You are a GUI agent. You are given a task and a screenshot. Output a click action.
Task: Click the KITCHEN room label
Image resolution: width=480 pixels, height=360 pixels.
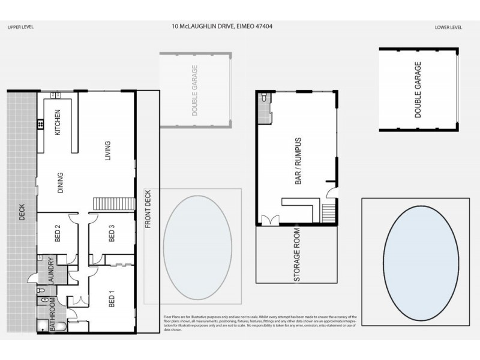pos(58,122)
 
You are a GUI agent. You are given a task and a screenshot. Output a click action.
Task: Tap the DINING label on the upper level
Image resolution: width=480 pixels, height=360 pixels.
pos(60,182)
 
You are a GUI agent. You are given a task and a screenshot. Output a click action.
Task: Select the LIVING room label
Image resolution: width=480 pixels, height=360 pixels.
pos(107,151)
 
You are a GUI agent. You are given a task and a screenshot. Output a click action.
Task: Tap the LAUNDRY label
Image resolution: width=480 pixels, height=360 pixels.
pos(51,271)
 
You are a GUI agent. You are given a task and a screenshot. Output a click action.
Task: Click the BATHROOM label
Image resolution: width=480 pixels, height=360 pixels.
pos(52,314)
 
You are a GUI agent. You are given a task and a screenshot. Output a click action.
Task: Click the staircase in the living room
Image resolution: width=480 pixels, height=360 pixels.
pos(113,203)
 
